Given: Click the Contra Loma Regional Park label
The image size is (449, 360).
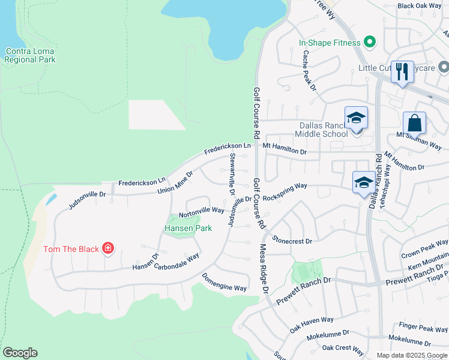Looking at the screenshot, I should click(30, 56).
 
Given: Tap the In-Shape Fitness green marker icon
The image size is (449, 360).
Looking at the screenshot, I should click(370, 43).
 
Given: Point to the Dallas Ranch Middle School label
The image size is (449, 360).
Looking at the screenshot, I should click(324, 130).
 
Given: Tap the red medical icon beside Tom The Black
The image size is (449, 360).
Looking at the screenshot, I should click(108, 248).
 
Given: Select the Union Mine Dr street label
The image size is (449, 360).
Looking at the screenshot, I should click(175, 183).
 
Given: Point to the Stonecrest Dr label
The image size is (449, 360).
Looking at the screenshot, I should click(292, 241).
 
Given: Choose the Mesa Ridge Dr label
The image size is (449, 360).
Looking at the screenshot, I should click(262, 269).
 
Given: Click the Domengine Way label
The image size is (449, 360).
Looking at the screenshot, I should click(224, 283).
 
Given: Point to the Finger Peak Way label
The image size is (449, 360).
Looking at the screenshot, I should click(423, 328).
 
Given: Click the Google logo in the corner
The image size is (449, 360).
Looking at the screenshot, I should click(20, 353).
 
